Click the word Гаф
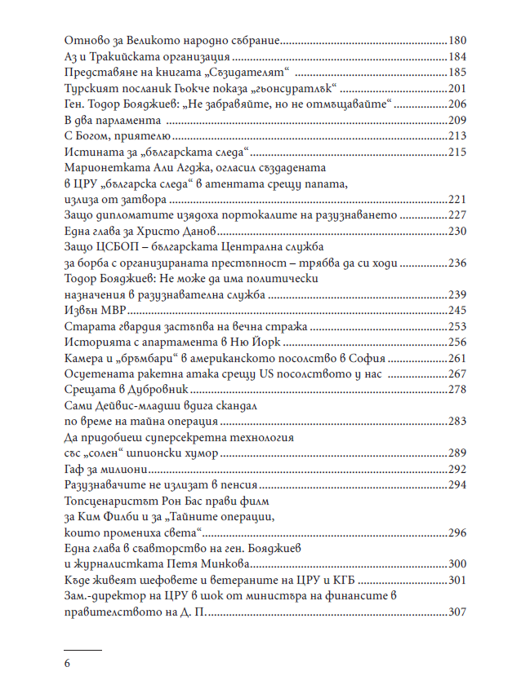tap(73, 470)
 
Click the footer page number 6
tap(67, 662)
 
